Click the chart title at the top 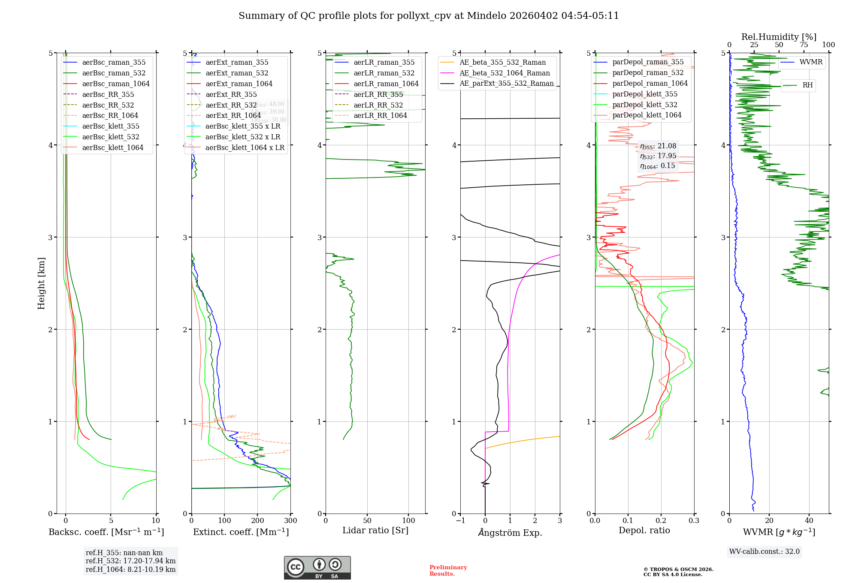[429, 16]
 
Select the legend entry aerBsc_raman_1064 [116, 84]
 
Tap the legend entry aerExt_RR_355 [231, 94]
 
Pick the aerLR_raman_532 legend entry [384, 73]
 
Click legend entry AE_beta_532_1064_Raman [505, 73]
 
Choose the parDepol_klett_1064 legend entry [647, 115]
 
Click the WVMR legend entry [811, 62]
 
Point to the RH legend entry [807, 85]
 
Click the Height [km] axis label [41, 283]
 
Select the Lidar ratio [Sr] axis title [375, 530]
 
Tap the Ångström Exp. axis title [510, 532]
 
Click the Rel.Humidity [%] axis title [779, 37]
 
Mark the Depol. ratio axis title [644, 530]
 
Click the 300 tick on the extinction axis [291, 521]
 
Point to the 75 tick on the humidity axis [804, 45]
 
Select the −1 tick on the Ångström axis [460, 521]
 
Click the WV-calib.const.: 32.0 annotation [764, 551]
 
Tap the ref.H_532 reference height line [130, 561]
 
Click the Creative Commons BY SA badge [317, 568]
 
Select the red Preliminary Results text [448, 570]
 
